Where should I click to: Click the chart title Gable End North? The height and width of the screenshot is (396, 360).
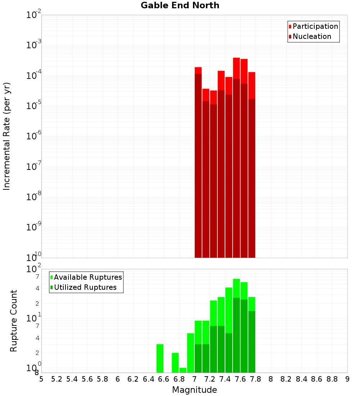pyautogui.click(x=180, y=5)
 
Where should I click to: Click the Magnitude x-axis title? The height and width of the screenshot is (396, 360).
pyautogui.click(x=194, y=390)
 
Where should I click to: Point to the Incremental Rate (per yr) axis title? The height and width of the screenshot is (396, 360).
pyautogui.click(x=7, y=136)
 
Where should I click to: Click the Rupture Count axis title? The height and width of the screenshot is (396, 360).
pyautogui.click(x=14, y=321)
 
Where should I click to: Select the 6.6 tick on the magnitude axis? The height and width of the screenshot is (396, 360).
pyautogui.click(x=164, y=379)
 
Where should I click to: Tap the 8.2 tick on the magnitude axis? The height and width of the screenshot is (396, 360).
pyautogui.click(x=286, y=379)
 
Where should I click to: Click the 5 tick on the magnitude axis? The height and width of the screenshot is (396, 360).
pyautogui.click(x=41, y=379)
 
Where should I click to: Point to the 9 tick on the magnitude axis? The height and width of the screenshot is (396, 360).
pyautogui.click(x=347, y=379)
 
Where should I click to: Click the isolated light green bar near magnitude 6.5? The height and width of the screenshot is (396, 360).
pyautogui.click(x=160, y=358)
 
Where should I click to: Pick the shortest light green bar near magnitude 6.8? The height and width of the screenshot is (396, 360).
pyautogui.click(x=183, y=370)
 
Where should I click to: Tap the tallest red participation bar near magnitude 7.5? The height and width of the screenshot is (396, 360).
pyautogui.click(x=237, y=68)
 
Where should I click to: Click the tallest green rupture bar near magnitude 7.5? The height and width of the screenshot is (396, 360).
pyautogui.click(x=237, y=288)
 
